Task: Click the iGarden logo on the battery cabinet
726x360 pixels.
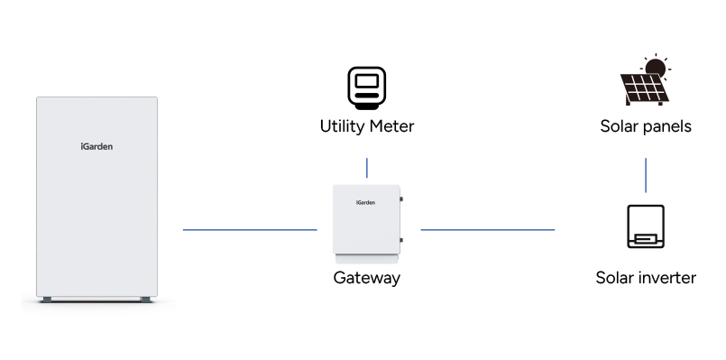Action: pos(96,145)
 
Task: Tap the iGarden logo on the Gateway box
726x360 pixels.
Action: pos(364,202)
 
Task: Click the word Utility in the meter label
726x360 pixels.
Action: pos(343,126)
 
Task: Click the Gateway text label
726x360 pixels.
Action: pos(366,278)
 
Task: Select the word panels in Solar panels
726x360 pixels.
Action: pos(666,126)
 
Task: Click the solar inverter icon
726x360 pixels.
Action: pos(646,226)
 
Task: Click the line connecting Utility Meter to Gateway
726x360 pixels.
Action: pos(367,168)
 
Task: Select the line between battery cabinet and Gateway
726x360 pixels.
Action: pos(250,229)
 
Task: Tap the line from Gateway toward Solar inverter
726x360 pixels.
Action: pos(488,229)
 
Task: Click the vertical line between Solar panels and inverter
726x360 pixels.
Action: pos(646,175)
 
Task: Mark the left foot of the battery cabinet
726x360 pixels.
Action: pos(45,299)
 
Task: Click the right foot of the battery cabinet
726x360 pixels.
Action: pos(144,299)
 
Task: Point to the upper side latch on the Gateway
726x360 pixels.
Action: pos(401,199)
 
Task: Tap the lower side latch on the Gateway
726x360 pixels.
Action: pos(401,239)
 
